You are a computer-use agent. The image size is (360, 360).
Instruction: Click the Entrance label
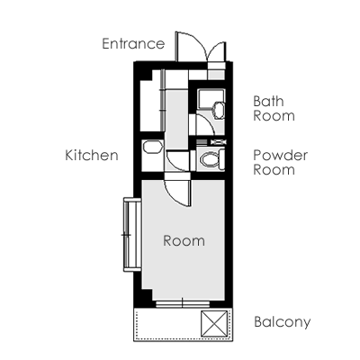tap(133, 44)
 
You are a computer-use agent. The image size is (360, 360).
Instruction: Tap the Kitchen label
tap(92, 156)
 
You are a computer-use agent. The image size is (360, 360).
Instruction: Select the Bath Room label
tap(274, 109)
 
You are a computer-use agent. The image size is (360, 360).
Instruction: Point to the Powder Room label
tap(281, 163)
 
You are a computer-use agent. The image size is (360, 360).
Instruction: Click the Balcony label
tap(283, 322)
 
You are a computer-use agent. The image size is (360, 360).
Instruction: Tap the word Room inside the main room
tap(184, 241)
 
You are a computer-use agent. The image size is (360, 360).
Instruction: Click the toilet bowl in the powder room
tap(210, 158)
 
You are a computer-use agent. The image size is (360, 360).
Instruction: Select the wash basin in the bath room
tap(218, 110)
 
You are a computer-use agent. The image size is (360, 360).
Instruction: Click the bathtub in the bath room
tap(211, 99)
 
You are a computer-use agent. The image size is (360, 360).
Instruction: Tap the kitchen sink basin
tap(153, 148)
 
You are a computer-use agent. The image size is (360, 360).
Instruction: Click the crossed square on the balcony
tap(214, 323)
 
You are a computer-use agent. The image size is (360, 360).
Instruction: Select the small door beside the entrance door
tap(217, 51)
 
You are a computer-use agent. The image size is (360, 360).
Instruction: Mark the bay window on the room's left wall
tap(132, 235)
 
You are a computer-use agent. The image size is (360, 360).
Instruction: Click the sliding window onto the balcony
tap(183, 304)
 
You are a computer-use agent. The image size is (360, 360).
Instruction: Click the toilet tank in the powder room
tap(222, 158)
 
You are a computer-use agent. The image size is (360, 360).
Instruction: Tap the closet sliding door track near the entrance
tap(163, 100)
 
